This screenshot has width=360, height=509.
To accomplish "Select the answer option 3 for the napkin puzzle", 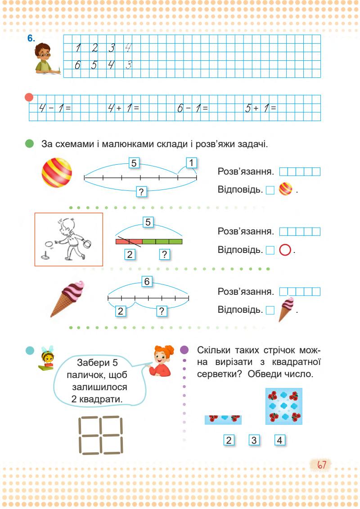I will (x=254, y=440).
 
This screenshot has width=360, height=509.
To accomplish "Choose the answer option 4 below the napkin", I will (x=279, y=440).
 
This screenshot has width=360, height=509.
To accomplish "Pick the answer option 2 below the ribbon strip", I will (x=229, y=440).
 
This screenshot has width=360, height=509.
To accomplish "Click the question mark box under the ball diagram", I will (x=141, y=192).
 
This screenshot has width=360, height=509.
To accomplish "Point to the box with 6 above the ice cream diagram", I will (x=147, y=282).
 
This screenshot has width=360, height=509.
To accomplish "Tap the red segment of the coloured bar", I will (x=129, y=242).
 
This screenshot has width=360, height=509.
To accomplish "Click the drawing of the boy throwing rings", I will (x=69, y=239).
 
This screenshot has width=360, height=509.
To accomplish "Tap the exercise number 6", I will (x=31, y=39).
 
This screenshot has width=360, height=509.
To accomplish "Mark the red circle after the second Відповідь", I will (x=285, y=249).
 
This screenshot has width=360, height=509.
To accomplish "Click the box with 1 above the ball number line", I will (x=191, y=162).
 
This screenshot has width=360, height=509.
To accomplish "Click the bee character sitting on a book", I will (x=46, y=360).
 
